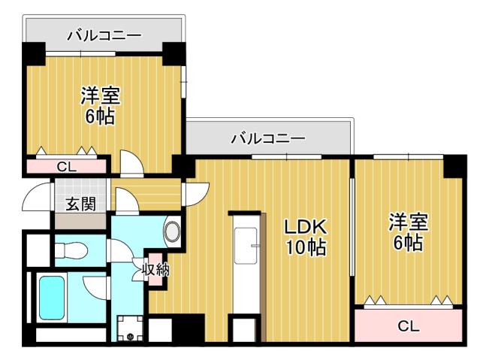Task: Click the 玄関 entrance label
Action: click(80, 203)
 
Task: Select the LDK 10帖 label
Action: click(305, 237)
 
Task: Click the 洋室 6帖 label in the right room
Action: click(408, 232)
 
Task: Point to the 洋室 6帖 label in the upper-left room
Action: click(100, 106)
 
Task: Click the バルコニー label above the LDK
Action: click(267, 138)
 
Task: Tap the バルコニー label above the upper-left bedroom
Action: click(104, 34)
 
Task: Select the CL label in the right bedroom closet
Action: click(408, 326)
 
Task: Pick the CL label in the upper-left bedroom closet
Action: click(66, 166)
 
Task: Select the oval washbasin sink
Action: click(172, 230)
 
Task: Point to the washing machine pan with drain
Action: click(131, 328)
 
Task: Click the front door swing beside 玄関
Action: click(36, 198)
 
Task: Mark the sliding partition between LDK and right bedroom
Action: click(351, 225)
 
